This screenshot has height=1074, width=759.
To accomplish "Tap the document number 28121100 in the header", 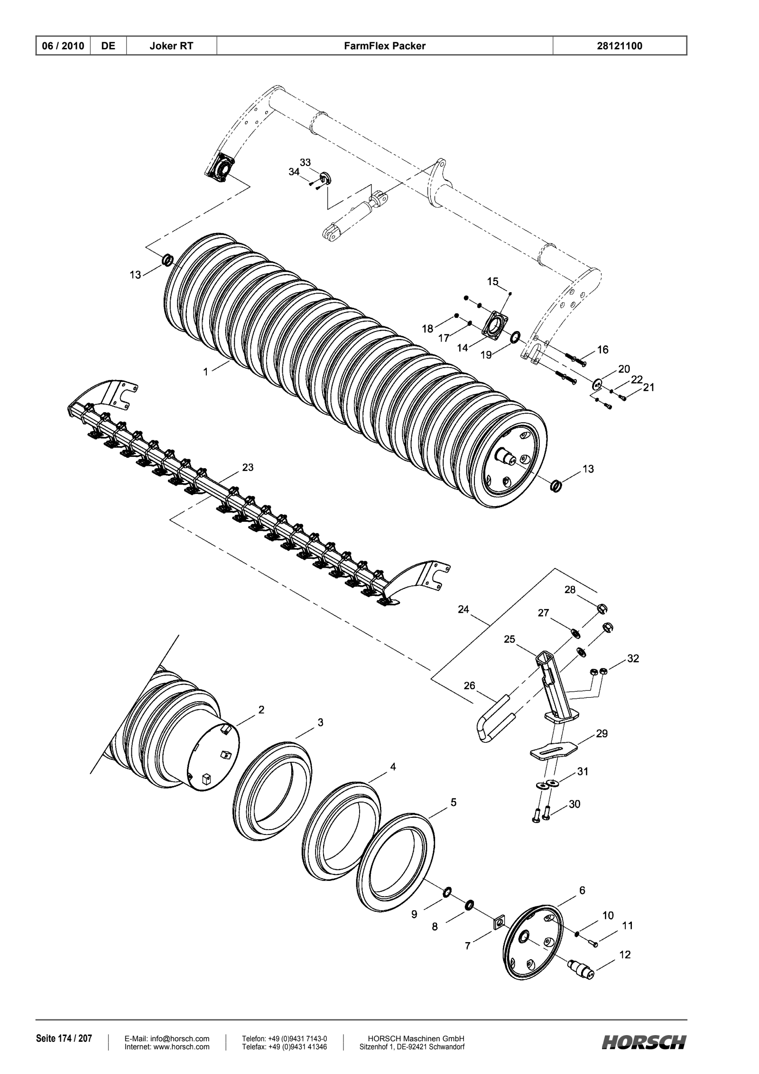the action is pos(620,46).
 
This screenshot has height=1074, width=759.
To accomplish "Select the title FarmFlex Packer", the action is pos(385,46).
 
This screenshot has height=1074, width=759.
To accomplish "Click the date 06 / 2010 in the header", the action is pos(64,46).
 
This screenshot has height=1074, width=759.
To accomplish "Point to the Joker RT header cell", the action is pos(171,46).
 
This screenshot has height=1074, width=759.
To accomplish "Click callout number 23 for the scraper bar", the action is pos(248,467).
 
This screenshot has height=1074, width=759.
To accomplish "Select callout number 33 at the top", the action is pos(305,162).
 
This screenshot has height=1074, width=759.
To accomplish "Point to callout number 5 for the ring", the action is pos(453,802).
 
